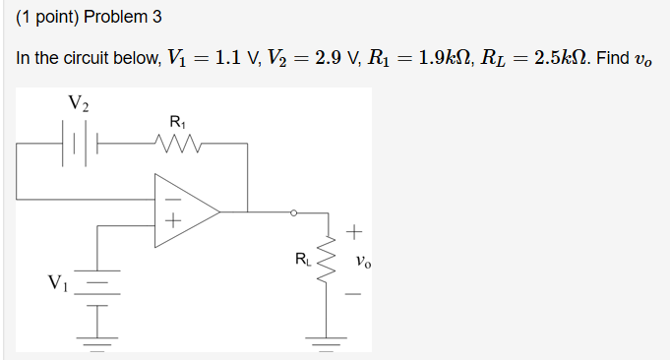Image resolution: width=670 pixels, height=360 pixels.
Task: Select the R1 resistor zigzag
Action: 178,146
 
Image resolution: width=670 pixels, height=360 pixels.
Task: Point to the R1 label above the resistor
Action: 178,122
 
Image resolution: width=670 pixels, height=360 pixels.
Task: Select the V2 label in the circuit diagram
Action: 80,102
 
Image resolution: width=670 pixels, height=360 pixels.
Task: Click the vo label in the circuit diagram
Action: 365,263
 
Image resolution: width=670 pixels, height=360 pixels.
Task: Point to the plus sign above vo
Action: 355,233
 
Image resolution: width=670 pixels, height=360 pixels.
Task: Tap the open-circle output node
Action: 292,211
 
